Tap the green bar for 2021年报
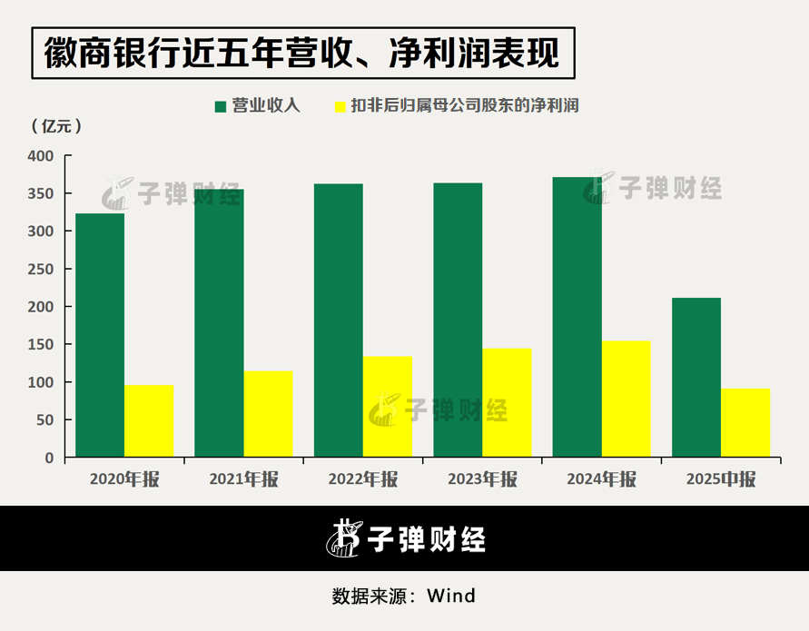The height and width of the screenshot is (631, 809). [219, 322]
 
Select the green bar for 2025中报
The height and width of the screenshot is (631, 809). [696, 377]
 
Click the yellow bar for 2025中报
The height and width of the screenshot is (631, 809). [745, 422]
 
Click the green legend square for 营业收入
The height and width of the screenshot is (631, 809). [221, 106]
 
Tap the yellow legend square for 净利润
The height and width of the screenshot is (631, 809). [341, 106]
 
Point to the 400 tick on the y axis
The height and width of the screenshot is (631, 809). [42, 156]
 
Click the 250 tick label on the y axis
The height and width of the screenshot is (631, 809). [42, 270]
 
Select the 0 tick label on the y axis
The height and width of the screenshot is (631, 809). [49, 458]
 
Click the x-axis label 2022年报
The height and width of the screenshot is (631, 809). [363, 480]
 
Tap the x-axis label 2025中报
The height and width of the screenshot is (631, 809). [721, 480]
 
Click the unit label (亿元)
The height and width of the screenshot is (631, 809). [56, 126]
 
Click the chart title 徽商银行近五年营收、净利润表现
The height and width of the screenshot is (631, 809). [303, 54]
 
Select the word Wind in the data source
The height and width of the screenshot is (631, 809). [451, 596]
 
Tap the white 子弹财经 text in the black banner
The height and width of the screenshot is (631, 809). [426, 539]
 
